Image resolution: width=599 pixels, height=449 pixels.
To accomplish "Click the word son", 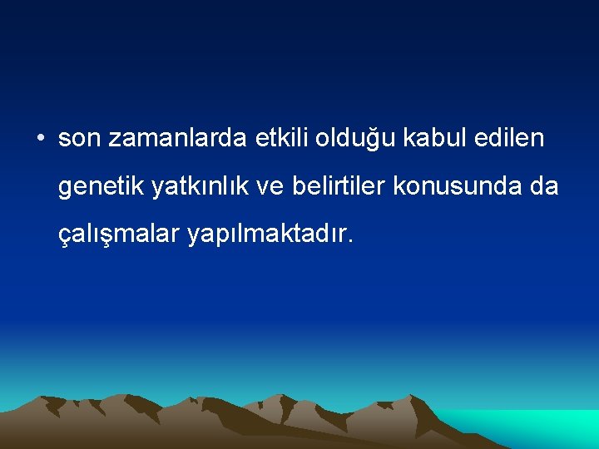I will point(78,139).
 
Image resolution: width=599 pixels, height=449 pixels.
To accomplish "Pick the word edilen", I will point(508,138).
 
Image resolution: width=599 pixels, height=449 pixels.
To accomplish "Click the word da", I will point(543,187).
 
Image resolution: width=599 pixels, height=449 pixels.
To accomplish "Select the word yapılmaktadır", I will point(268,235).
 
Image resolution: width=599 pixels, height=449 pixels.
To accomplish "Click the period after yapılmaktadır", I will point(352,243).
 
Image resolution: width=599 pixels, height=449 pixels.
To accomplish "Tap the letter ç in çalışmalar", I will point(64,237).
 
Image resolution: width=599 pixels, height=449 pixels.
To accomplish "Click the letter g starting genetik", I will point(65,190).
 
